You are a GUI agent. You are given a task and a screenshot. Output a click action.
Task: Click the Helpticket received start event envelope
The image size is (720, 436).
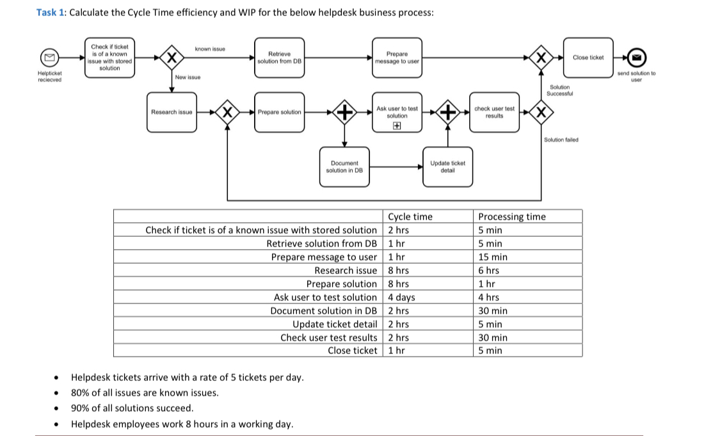[47, 58]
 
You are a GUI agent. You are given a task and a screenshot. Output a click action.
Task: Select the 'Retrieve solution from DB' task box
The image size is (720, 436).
[279, 58]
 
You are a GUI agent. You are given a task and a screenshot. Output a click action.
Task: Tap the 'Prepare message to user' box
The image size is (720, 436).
[397, 58]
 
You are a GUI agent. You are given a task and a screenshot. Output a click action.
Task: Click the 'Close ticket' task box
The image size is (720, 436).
[588, 58]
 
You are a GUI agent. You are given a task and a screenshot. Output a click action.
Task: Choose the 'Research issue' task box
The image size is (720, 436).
[172, 112]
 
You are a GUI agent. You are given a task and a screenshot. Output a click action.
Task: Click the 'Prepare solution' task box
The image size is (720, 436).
[279, 112]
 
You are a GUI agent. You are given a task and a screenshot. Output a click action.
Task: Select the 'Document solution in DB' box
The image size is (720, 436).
[344, 167]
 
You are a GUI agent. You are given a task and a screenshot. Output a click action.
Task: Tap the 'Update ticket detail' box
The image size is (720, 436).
[447, 167]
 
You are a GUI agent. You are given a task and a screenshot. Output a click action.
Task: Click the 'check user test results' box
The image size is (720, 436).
[494, 112]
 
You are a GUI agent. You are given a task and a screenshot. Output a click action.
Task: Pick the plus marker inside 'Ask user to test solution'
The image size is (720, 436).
[397, 126]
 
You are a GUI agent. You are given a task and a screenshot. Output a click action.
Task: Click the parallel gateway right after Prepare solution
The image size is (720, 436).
[344, 113]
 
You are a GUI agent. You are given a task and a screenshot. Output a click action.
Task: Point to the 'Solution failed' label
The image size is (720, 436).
[561, 140]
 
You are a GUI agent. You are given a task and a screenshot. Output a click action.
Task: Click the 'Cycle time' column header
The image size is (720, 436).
[410, 216]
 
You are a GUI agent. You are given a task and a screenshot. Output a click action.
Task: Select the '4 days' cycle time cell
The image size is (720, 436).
[402, 297]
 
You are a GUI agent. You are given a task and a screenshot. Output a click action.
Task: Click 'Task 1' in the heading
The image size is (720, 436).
[50, 13]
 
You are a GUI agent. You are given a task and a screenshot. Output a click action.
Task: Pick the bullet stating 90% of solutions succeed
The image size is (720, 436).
[132, 408]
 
